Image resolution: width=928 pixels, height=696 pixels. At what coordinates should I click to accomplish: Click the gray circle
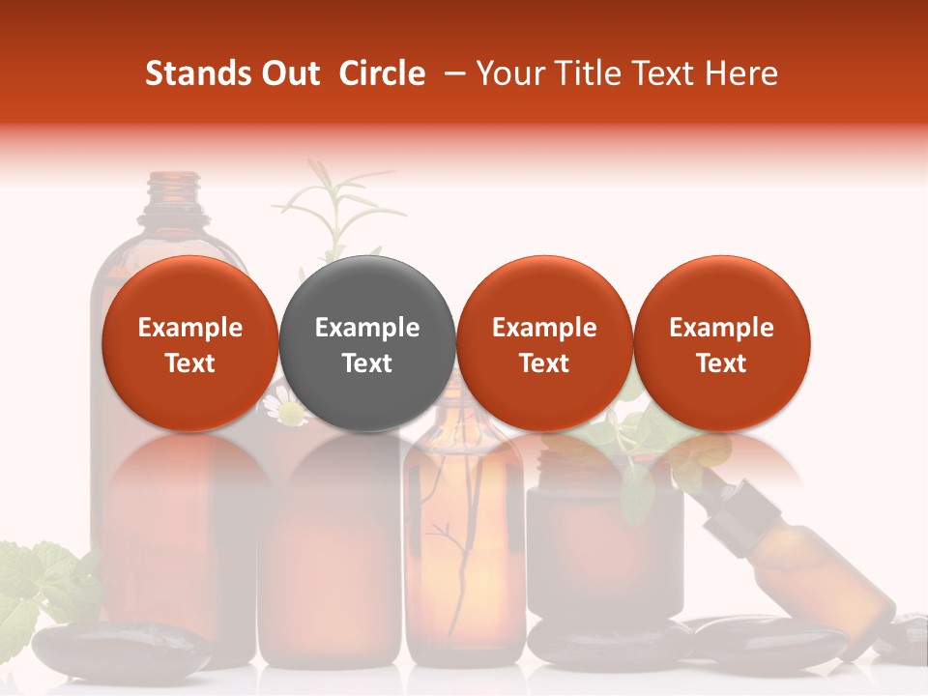(367, 343)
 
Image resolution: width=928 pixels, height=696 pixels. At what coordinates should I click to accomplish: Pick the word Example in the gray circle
(367, 328)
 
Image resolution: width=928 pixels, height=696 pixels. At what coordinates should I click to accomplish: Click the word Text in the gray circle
(367, 363)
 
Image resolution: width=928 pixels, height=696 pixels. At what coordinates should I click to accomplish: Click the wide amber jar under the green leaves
(604, 541)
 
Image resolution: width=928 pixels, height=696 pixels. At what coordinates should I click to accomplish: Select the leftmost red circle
(190, 343)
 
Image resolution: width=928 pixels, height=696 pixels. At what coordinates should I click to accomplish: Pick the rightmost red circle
(721, 343)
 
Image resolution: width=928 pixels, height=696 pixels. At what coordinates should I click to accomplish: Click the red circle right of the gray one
(544, 343)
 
